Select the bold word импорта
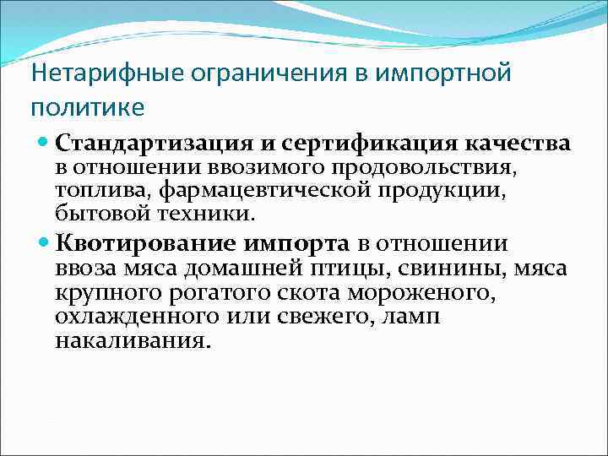tap(296, 245)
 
